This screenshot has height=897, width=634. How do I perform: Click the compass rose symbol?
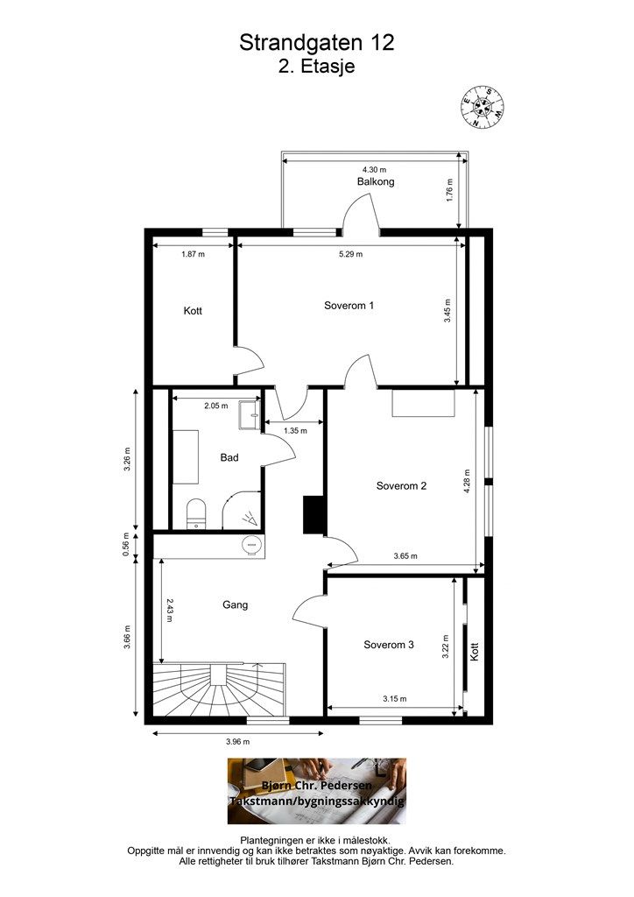[483, 107]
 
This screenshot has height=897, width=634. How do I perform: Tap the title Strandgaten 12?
[317, 42]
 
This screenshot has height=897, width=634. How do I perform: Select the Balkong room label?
[376, 182]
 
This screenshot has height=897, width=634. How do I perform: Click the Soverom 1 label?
[349, 306]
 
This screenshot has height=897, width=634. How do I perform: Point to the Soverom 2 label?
[401, 486]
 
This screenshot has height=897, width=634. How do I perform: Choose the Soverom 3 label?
[389, 645]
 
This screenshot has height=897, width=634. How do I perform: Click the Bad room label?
[229, 457]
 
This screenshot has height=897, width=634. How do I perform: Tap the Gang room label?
[235, 604]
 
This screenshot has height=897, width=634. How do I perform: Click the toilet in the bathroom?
[196, 513]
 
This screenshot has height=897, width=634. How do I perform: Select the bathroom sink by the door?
[249, 413]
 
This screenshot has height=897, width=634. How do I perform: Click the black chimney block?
[313, 515]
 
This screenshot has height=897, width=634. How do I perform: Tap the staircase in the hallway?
[219, 689]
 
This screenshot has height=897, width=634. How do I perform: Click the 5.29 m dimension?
[350, 254]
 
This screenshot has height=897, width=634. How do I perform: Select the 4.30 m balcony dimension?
[375, 169]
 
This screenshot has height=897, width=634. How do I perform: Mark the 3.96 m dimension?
[238, 742]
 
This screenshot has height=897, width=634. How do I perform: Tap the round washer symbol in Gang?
[251, 545]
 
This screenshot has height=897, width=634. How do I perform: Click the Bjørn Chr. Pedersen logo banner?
[317, 791]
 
